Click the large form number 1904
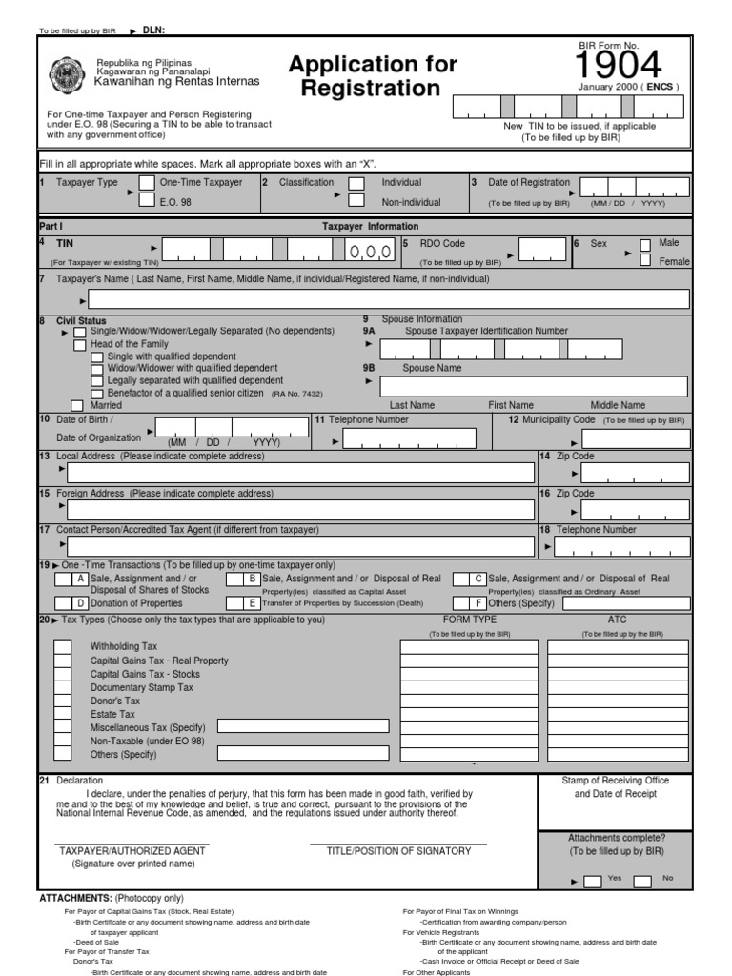[x=619, y=66]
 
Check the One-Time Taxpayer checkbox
[x=147, y=182]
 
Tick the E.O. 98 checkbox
[x=147, y=200]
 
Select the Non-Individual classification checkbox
[x=356, y=200]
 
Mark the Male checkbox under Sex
[x=646, y=244]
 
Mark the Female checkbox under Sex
[x=646, y=260]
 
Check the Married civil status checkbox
[x=78, y=405]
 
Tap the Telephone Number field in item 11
[x=410, y=439]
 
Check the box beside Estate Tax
[x=62, y=713]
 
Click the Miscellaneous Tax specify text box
[x=303, y=726]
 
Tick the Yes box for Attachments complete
[x=592, y=881]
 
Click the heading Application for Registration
[x=373, y=76]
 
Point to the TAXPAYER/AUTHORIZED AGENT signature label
[x=132, y=851]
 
